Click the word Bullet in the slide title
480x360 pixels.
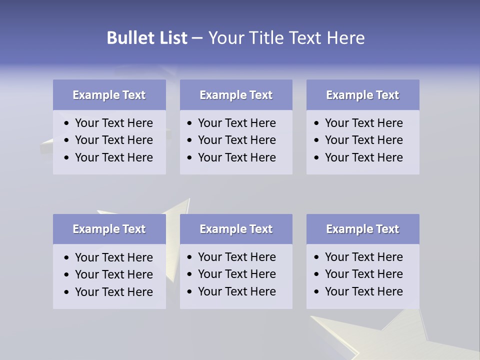coord(128,38)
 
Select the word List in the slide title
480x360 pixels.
coord(171,38)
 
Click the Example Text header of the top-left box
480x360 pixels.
coord(109,95)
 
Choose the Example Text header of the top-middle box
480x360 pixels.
coord(236,95)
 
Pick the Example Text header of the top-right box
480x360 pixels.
coord(362,95)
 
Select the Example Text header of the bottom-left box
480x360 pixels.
coord(109,229)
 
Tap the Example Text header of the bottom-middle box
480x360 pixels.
coord(236,229)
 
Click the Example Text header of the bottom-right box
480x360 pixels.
coord(362,229)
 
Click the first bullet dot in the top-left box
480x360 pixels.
coord(67,123)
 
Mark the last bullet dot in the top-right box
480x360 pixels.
coord(317,158)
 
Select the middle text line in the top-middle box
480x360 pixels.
coord(237,140)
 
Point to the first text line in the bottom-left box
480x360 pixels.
coord(114,257)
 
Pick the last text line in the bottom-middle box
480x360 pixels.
coord(237,291)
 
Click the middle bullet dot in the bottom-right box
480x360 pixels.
coord(317,274)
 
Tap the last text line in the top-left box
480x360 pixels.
coord(114,157)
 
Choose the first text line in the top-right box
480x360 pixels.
coord(364,123)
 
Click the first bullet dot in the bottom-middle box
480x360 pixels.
coord(190,257)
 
